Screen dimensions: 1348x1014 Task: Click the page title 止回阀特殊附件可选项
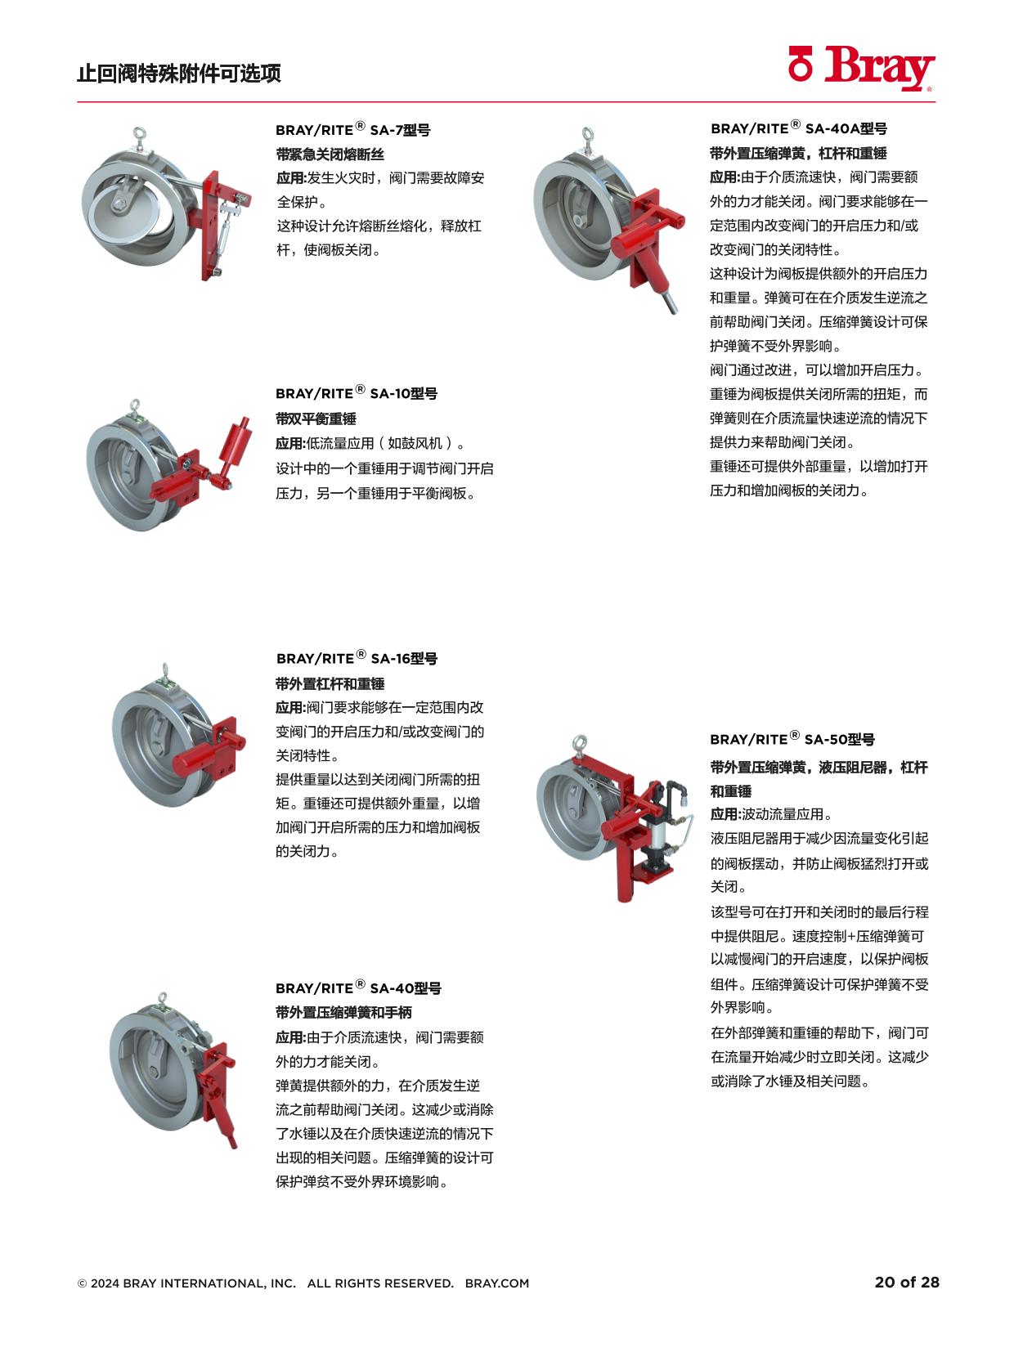pyautogui.click(x=179, y=74)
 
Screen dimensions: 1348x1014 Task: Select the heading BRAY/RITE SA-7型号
pyautogui.click(x=352, y=129)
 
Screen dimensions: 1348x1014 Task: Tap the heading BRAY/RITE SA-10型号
pyautogui.click(x=356, y=393)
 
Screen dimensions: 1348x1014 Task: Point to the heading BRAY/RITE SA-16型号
pyautogui.click(x=357, y=658)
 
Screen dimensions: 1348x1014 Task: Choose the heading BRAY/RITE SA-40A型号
pyautogui.click(x=798, y=128)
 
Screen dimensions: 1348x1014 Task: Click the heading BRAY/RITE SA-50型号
pyautogui.click(x=792, y=739)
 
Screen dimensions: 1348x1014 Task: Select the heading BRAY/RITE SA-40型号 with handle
pyautogui.click(x=358, y=987)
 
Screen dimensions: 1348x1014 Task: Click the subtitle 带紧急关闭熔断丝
pyautogui.click(x=330, y=154)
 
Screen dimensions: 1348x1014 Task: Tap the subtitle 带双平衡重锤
pyautogui.click(x=316, y=419)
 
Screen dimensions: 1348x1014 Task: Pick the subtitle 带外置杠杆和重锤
pyautogui.click(x=330, y=683)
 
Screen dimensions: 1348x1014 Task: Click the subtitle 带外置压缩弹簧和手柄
pyautogui.click(x=343, y=1012)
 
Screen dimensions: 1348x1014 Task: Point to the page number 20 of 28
pyautogui.click(x=907, y=1282)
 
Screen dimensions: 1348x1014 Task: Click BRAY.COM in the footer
pyautogui.click(x=496, y=1283)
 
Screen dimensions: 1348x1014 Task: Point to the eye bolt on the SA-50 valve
pyautogui.click(x=581, y=743)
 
